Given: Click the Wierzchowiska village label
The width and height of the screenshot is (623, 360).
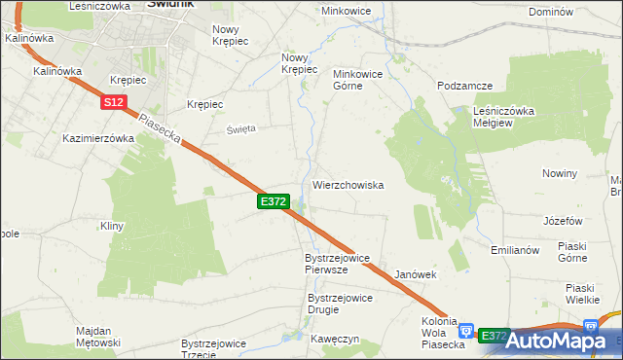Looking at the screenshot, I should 348,185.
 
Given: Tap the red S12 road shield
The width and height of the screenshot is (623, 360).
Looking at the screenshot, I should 113,101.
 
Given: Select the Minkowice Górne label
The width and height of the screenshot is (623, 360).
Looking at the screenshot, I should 361,80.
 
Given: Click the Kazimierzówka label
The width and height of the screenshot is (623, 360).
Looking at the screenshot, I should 97,138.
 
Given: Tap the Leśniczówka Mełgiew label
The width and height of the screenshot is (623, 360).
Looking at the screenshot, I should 504,117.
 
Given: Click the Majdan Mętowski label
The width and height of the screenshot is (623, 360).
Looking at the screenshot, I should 98,337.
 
